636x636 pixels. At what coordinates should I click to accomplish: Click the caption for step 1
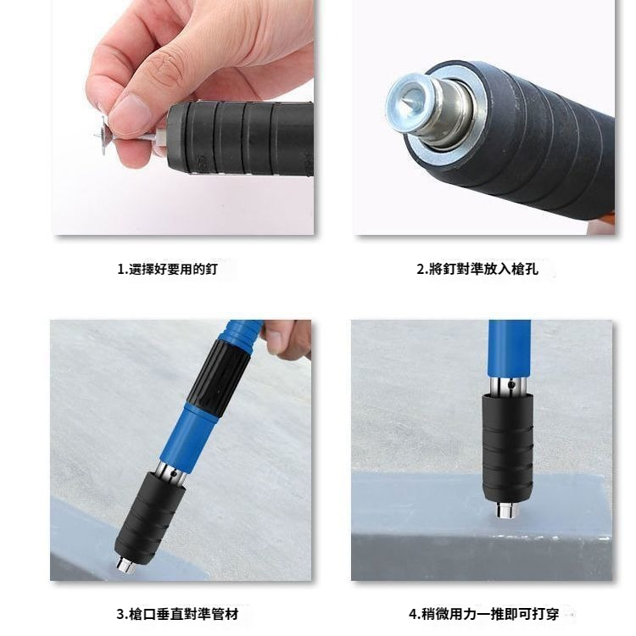pyautogui.click(x=168, y=269)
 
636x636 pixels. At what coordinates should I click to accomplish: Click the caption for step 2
pyautogui.click(x=477, y=269)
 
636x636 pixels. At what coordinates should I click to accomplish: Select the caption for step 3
pyautogui.click(x=177, y=614)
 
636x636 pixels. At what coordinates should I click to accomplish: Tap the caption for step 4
pyautogui.click(x=483, y=614)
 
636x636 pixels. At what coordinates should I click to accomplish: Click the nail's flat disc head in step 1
pyautogui.click(x=103, y=135)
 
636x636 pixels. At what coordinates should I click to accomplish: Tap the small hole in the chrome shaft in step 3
pyautogui.click(x=173, y=473)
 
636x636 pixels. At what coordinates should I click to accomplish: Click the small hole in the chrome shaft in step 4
pyautogui.click(x=512, y=383)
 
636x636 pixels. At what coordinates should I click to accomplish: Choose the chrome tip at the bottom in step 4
pyautogui.click(x=507, y=510)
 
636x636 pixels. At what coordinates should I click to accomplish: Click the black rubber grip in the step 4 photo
pyautogui.click(x=507, y=449)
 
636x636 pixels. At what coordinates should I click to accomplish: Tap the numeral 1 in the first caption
pyautogui.click(x=120, y=270)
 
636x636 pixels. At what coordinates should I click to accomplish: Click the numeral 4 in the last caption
pyautogui.click(x=413, y=615)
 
